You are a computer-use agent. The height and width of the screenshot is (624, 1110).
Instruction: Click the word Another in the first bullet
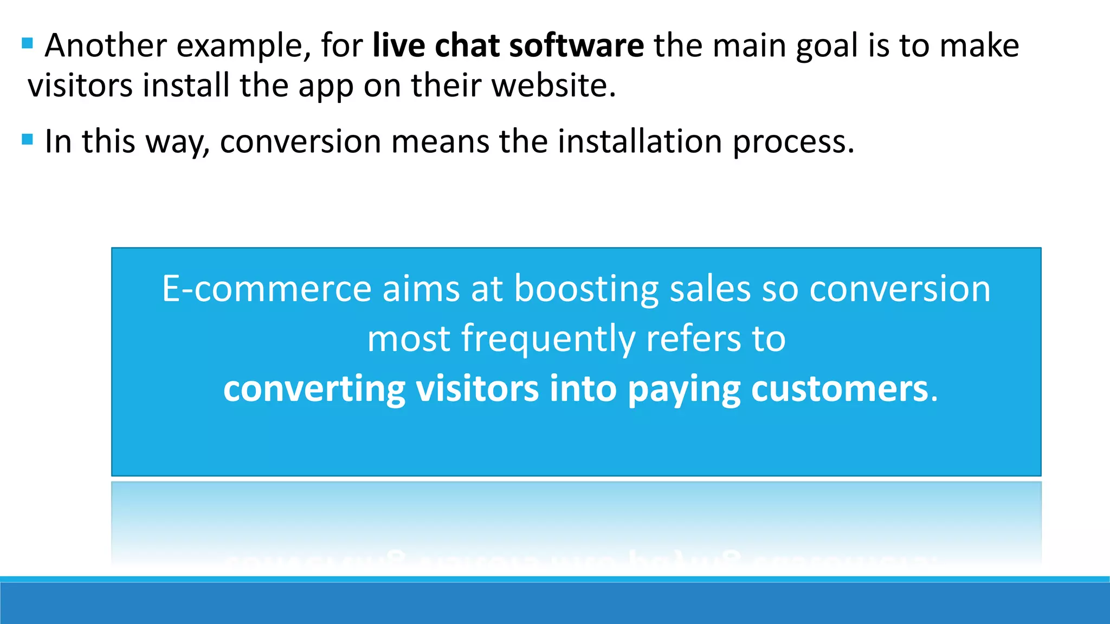105,45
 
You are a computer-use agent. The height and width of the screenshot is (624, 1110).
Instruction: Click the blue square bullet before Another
28,43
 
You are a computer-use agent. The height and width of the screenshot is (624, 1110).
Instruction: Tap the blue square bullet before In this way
28,140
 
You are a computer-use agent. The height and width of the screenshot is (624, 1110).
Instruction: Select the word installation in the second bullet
640,142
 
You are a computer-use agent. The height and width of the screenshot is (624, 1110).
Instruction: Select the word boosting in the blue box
586,290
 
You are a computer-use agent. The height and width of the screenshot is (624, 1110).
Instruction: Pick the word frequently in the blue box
548,340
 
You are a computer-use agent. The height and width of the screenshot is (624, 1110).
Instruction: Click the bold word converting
314,390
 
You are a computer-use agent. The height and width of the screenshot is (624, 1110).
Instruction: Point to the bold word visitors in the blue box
477,389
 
